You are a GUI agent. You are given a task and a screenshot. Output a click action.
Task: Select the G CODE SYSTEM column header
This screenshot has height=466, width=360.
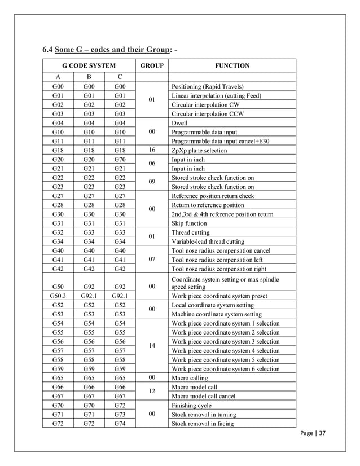point(89,66)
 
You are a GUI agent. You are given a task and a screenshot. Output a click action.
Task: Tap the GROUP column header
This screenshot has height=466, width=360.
point(151,66)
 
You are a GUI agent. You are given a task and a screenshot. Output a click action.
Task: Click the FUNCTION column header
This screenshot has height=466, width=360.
point(232,66)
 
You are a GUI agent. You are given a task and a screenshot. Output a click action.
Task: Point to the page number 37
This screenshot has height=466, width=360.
point(315,433)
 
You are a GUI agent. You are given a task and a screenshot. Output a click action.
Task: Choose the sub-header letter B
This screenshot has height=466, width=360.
point(89,77)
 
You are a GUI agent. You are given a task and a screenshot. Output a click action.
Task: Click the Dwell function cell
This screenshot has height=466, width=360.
point(179,122)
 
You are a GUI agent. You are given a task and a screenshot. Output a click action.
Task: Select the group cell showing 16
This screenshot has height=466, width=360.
point(151,150)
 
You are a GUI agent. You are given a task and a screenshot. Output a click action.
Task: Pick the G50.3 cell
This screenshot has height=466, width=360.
point(58,296)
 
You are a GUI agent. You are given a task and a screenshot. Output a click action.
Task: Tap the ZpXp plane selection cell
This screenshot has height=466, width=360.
point(199,150)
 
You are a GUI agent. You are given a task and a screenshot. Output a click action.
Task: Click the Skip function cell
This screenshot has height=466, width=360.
point(188,223)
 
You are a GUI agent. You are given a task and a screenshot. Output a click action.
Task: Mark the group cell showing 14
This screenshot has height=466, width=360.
point(151,345)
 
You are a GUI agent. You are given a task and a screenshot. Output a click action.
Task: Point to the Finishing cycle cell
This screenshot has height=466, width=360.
point(190,405)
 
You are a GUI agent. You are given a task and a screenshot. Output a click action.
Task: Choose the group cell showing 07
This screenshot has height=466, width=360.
point(151,260)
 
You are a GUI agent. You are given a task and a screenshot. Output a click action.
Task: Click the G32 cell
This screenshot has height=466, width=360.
point(58,232)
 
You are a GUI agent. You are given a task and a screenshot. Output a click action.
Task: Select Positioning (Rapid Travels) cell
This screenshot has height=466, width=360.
point(208,87)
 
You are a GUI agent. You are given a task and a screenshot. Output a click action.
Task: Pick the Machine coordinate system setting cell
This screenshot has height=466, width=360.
point(216,314)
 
